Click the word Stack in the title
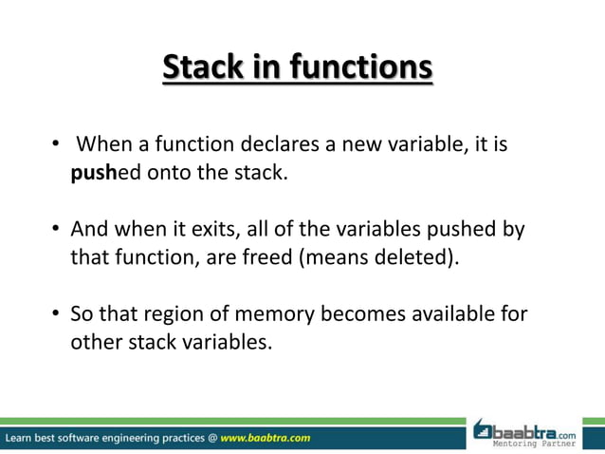(x=203, y=68)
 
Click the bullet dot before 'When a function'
(x=57, y=146)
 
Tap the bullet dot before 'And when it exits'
(x=57, y=231)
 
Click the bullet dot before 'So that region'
(x=57, y=314)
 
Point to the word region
(x=180, y=314)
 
